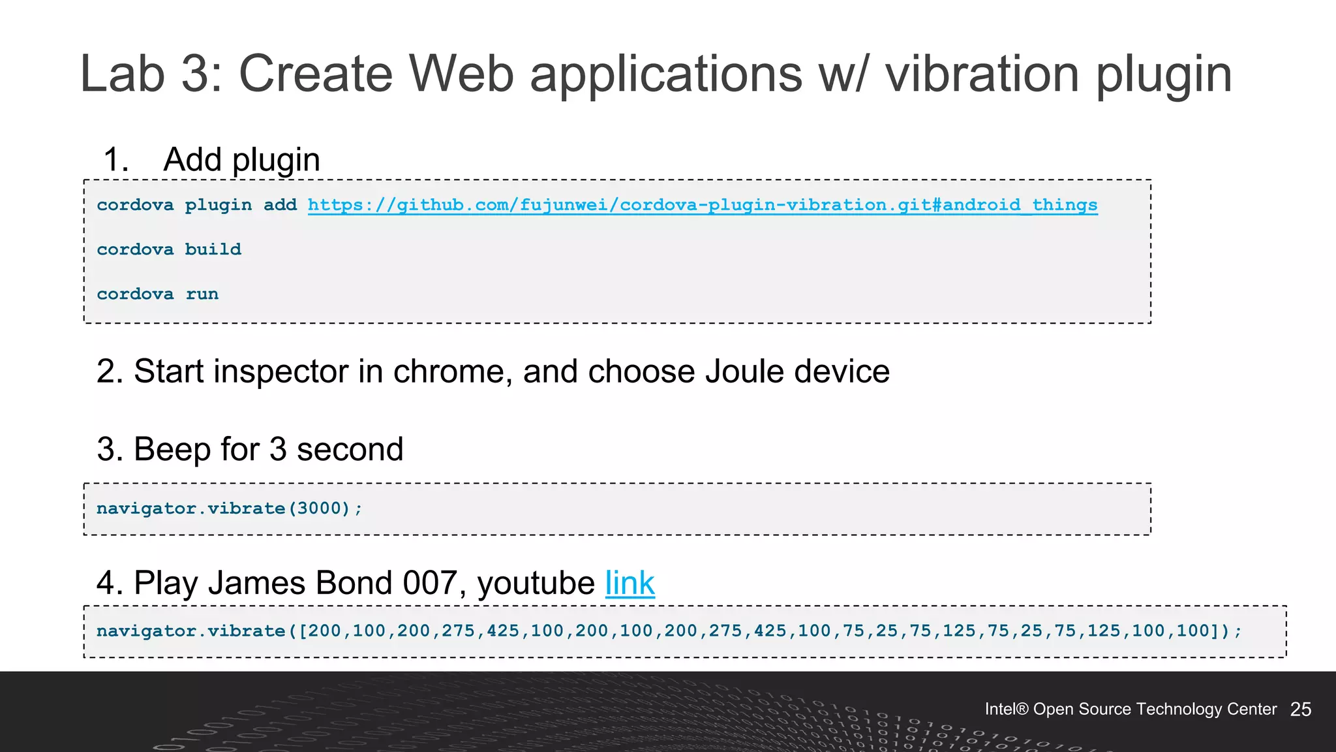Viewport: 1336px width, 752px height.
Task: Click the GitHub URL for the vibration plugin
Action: (x=703, y=205)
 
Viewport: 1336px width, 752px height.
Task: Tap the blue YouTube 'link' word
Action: (x=630, y=583)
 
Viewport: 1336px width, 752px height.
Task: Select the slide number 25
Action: (x=1300, y=710)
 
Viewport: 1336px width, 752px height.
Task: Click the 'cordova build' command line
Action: (x=169, y=249)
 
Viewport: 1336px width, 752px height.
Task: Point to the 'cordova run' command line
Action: (x=157, y=294)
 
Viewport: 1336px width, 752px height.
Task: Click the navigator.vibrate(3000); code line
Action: (x=229, y=509)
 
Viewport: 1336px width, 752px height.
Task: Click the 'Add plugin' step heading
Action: (x=241, y=160)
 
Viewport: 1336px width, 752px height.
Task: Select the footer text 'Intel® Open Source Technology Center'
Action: (x=1130, y=710)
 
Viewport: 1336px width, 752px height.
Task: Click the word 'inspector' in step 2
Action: (x=281, y=371)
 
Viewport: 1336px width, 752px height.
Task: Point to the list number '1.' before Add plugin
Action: (x=116, y=160)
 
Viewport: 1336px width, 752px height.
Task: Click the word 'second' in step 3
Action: (x=350, y=450)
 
